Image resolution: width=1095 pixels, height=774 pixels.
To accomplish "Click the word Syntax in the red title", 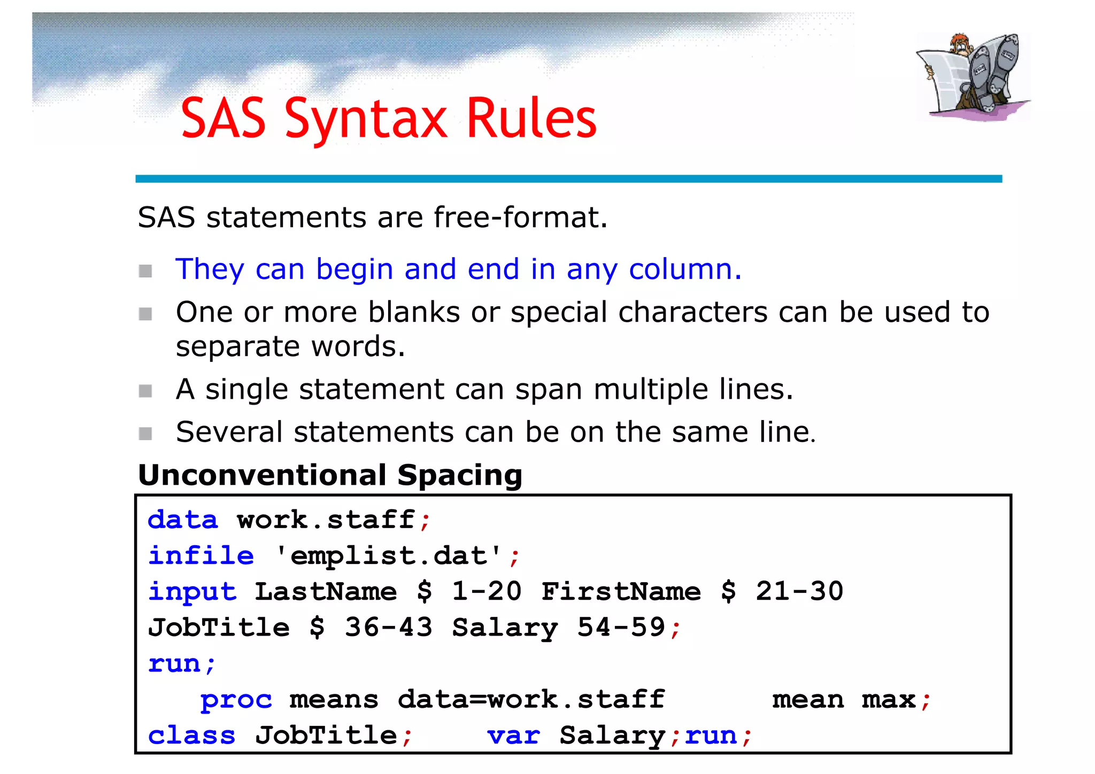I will tap(366, 119).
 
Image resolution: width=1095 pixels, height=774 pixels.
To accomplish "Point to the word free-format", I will tap(520, 218).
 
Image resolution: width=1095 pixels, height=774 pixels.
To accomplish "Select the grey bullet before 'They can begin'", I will tap(145, 271).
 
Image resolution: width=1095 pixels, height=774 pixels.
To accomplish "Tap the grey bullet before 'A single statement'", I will tap(145, 391).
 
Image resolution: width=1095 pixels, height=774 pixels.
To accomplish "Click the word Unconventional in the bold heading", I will tap(262, 475).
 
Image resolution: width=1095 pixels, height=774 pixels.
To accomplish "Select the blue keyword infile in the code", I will tap(201, 556).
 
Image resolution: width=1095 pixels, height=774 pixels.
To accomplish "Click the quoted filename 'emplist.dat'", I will tap(389, 556).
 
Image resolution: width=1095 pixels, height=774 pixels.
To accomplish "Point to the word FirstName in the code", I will tap(621, 592).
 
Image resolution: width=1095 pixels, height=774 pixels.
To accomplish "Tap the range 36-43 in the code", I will tap(389, 628).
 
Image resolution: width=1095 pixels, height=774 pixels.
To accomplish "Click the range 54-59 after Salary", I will tap(621, 628).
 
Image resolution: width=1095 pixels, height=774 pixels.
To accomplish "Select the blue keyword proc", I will tap(236, 700).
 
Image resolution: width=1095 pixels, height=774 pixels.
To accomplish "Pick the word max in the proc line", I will tap(889, 700).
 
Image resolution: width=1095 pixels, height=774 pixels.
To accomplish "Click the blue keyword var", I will tap(514, 736).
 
